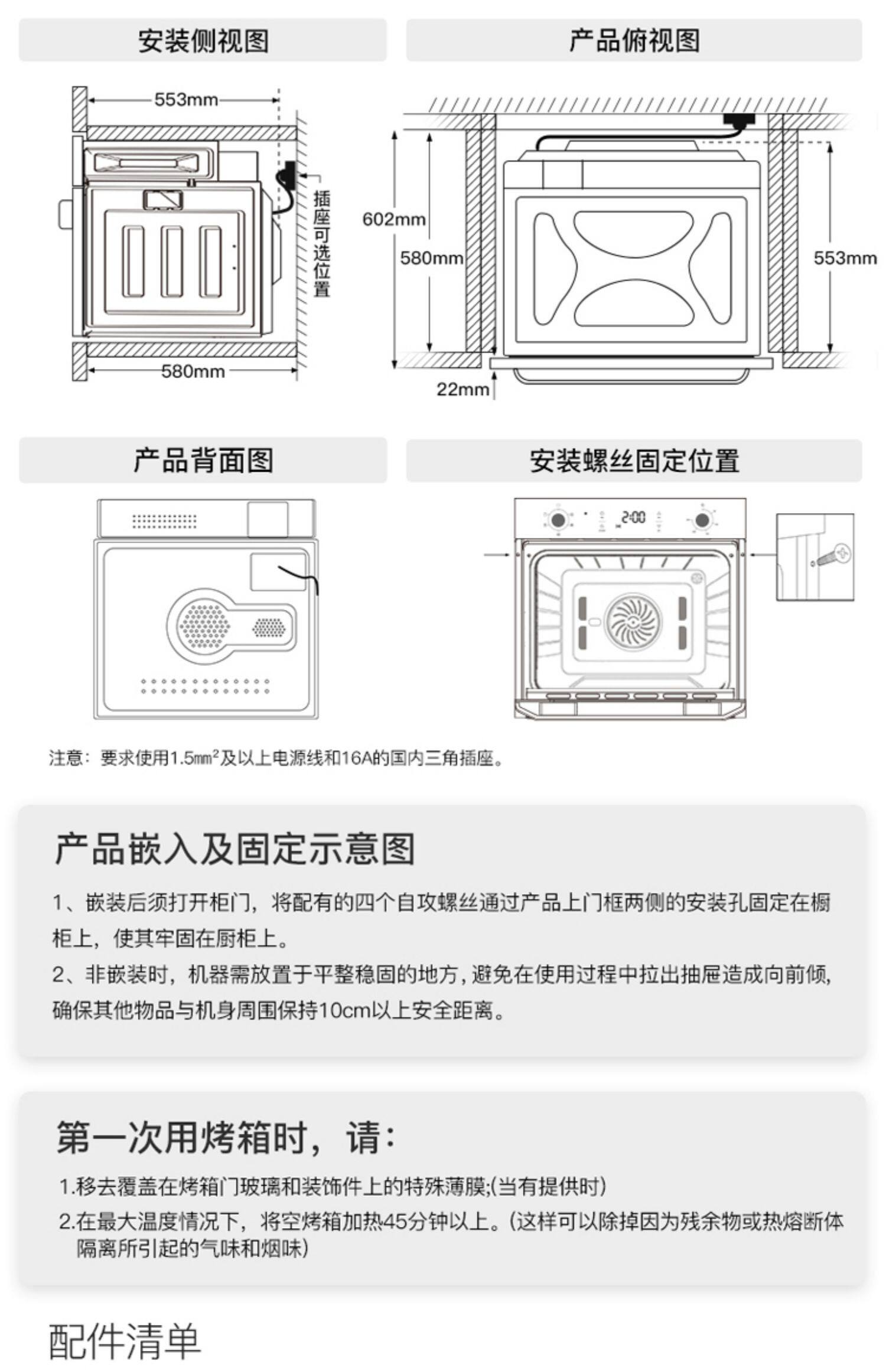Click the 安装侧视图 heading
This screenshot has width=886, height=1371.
[203, 41]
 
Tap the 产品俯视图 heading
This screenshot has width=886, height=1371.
[634, 41]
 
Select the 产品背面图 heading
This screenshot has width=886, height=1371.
[203, 461]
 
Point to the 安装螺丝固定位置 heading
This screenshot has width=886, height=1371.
[634, 461]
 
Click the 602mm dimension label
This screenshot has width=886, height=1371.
[393, 219]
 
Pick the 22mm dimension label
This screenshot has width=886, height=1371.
[462, 389]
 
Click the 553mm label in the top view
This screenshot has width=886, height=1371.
[845, 258]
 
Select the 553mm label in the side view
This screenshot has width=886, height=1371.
[186, 99]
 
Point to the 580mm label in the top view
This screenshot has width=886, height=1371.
[431, 258]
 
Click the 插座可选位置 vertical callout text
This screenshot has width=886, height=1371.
[321, 244]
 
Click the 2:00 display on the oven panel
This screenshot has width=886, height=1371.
[633, 518]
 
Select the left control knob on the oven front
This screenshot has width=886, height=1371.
[556, 520]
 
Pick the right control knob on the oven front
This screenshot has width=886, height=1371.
[702, 520]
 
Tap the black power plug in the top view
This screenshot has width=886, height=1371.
[740, 120]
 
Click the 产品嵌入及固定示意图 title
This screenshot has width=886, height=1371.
[234, 849]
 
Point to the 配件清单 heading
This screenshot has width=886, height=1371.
[125, 1341]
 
